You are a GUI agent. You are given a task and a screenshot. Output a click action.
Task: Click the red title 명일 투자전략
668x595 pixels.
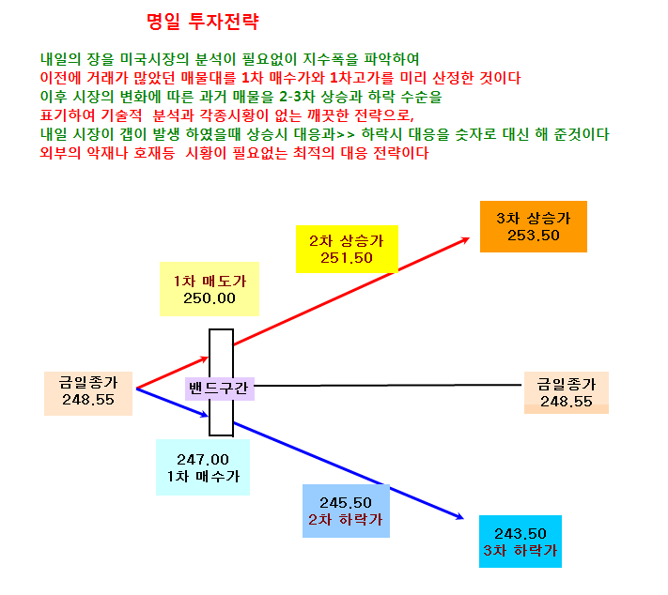202,22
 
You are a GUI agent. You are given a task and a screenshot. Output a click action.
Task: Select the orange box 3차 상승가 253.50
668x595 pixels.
534,226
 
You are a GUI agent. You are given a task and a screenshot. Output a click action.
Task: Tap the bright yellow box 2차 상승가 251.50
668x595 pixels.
347,249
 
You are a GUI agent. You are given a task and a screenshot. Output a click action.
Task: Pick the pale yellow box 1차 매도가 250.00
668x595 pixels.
210,289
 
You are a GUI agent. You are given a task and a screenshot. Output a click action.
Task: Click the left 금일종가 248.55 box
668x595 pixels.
88,393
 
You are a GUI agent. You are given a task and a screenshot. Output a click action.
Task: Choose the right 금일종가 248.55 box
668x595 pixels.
567,392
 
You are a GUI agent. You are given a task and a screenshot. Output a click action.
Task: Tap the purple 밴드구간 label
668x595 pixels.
220,389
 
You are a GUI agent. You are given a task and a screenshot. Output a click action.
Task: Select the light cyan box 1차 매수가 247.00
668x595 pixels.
203,467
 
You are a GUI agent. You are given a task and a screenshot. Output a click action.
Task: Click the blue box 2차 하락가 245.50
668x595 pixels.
346,511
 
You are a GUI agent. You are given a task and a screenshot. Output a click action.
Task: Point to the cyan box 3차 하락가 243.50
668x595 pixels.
520,542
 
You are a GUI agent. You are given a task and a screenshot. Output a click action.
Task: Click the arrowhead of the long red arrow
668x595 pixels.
467,239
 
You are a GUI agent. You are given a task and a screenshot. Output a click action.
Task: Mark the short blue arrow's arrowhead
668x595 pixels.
205,415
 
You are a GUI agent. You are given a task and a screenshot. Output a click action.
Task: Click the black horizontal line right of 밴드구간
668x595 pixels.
388,385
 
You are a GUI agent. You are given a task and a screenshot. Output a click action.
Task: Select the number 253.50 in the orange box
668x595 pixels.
534,236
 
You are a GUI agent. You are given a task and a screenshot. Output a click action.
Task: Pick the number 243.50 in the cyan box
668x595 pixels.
520,534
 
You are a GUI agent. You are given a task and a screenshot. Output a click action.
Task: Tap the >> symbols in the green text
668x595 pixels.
346,135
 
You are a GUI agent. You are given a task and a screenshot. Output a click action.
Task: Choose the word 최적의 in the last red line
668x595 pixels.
314,153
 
